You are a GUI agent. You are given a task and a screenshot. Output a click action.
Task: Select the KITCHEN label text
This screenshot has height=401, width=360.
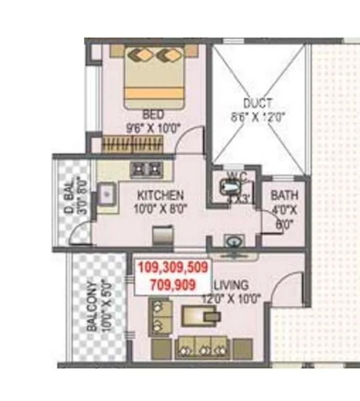point(160,195)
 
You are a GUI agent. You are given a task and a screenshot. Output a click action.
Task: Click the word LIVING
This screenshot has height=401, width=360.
point(231,285)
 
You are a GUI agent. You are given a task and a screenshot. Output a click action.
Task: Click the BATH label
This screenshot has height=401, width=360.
point(284,195)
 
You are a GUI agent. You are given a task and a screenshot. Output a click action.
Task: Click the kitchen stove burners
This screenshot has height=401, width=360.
point(146,170)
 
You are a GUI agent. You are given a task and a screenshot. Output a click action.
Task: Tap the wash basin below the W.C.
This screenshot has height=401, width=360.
point(233,243)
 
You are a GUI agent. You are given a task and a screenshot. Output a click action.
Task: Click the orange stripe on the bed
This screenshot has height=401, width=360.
point(154,94)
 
